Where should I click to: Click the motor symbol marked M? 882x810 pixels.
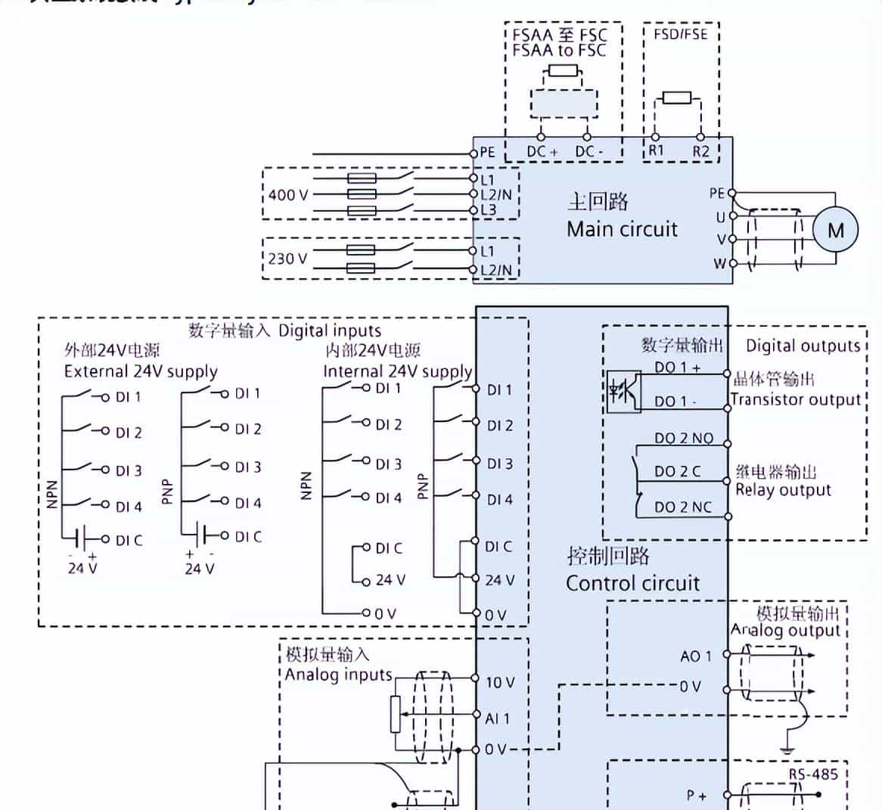pyautogui.click(x=835, y=230)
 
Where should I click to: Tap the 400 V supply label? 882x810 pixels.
pyautogui.click(x=287, y=194)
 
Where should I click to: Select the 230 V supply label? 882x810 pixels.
pyautogui.click(x=287, y=259)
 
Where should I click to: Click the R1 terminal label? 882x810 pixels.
pyautogui.click(x=656, y=151)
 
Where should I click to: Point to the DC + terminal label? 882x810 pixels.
pyautogui.click(x=542, y=151)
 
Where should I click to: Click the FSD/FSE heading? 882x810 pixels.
pyautogui.click(x=680, y=35)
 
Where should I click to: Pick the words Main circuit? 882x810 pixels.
pyautogui.click(x=622, y=229)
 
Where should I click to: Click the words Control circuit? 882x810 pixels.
pyautogui.click(x=632, y=583)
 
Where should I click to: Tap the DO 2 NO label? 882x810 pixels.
pyautogui.click(x=683, y=438)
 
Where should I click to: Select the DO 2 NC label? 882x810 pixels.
pyautogui.click(x=683, y=507)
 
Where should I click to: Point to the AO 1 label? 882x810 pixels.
pyautogui.click(x=695, y=656)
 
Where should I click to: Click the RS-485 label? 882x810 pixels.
pyautogui.click(x=813, y=774)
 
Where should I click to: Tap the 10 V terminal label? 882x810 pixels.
pyautogui.click(x=499, y=682)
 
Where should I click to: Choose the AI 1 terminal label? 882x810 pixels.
pyautogui.click(x=497, y=718)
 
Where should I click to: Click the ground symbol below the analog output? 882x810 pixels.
pyautogui.click(x=789, y=749)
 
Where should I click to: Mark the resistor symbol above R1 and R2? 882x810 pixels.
pyautogui.click(x=675, y=97)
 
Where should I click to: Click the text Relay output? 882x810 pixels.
pyautogui.click(x=783, y=490)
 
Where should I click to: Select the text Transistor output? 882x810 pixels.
pyautogui.click(x=796, y=399)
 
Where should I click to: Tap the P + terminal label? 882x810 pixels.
pyautogui.click(x=697, y=795)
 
